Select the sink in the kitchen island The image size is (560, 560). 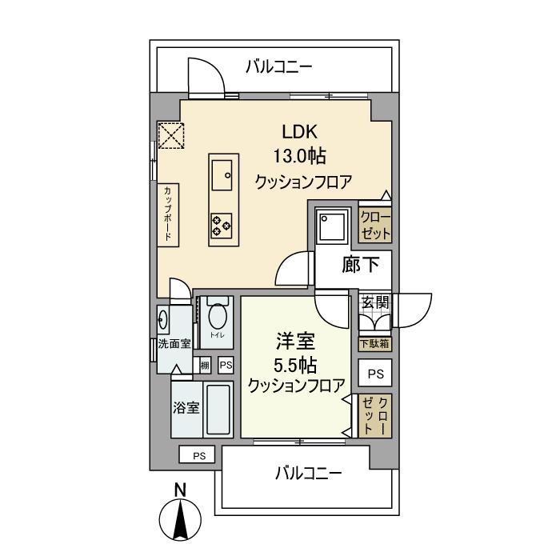222,171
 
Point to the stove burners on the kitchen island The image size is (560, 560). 222,226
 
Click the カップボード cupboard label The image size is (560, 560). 168,214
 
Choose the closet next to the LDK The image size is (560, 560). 375,227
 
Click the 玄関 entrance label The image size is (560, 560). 374,302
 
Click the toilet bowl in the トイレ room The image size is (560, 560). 216,318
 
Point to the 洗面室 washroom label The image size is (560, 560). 174,345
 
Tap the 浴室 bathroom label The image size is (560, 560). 186,407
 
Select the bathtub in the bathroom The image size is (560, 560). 217,410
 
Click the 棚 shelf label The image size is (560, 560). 205,365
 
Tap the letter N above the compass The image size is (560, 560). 181,490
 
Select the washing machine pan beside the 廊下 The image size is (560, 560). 330,226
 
